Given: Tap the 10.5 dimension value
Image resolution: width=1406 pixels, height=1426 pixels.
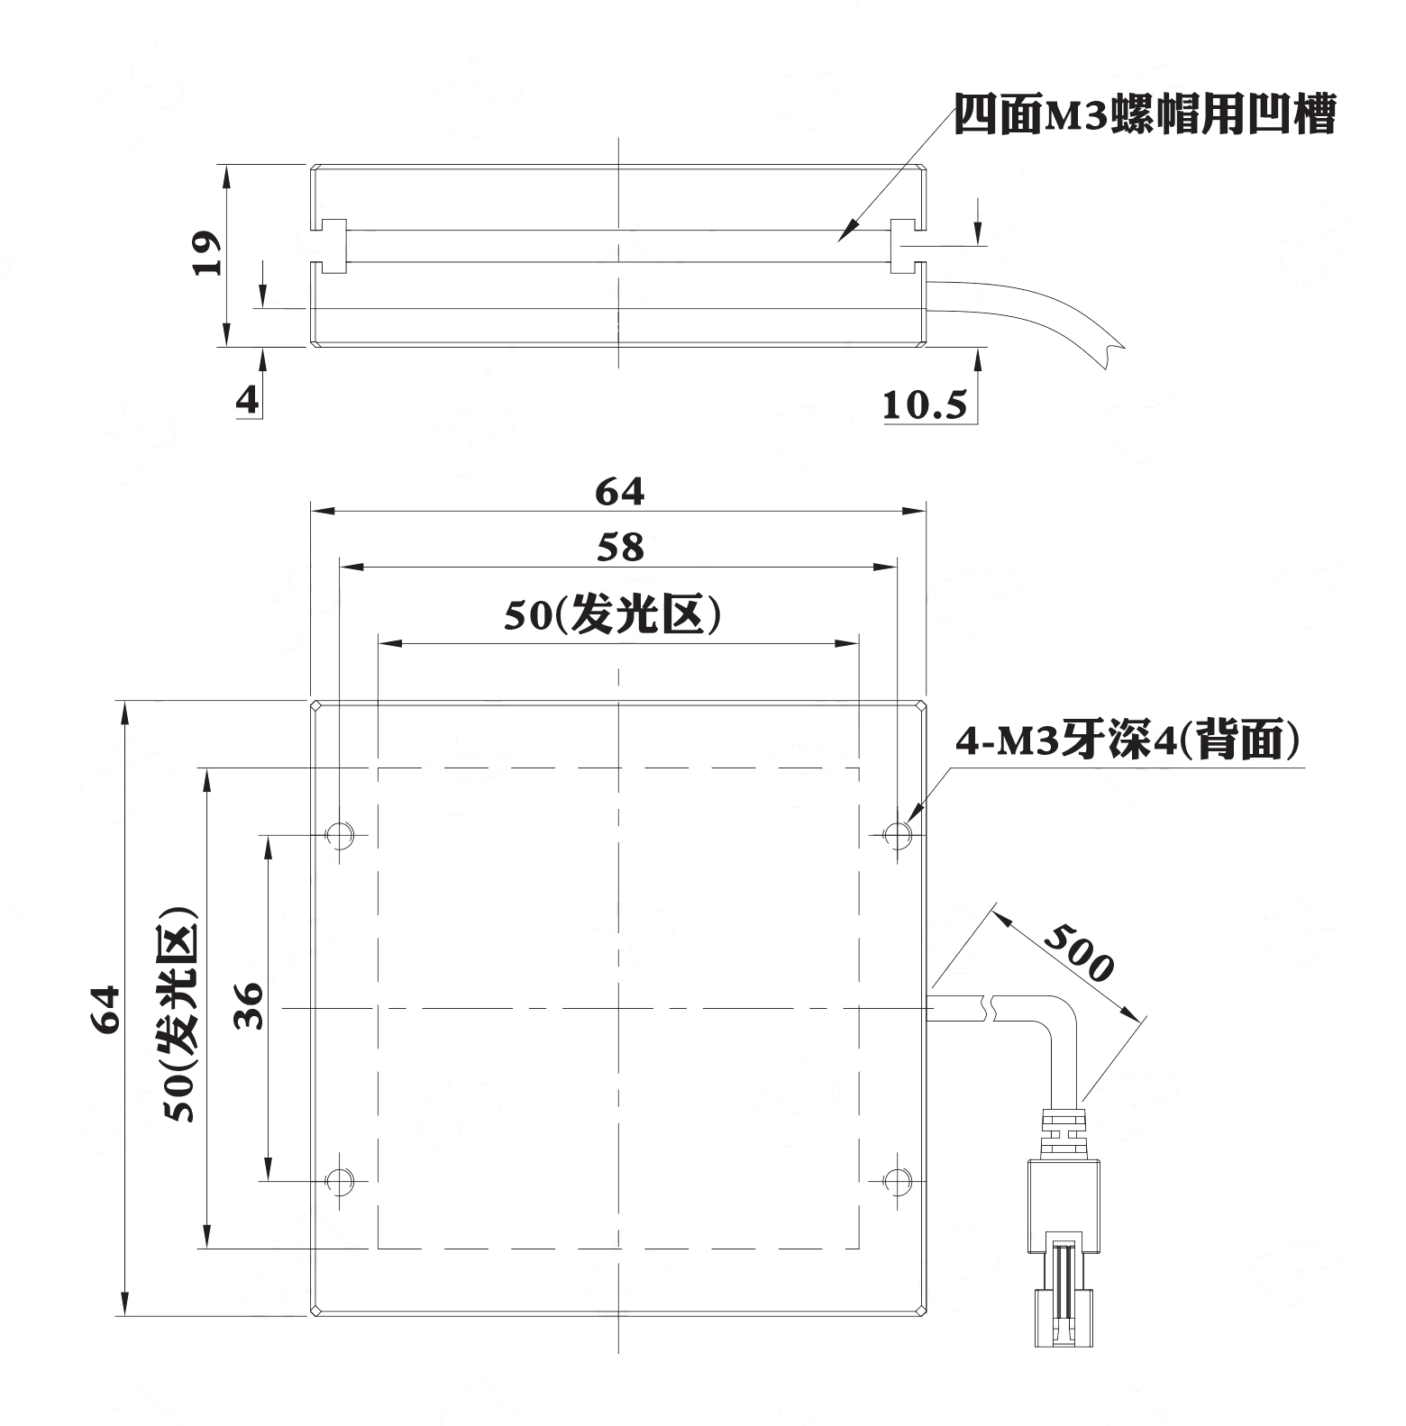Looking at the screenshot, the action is coord(924,406).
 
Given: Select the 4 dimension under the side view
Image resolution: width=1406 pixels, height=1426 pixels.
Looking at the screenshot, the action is coord(247,399).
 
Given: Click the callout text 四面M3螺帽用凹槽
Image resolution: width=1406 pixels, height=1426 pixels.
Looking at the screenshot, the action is coord(1144,114).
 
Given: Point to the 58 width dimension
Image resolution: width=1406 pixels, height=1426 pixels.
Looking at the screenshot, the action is coord(621,548).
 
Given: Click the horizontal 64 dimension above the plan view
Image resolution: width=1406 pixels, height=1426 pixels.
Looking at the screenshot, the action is coord(620,492).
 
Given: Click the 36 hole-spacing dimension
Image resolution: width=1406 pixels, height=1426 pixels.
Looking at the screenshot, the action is coord(247,1006).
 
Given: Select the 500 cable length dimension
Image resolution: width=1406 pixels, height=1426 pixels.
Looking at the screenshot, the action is coord(1080,952).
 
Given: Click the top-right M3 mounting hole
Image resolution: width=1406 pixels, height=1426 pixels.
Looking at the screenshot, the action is coord(897,833).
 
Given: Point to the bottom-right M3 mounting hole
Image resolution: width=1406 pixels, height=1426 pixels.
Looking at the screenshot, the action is coord(897,1179).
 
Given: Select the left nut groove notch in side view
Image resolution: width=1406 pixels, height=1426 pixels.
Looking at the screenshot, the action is coord(330,246).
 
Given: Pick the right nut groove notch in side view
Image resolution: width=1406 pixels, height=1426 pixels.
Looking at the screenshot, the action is coord(908,246).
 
